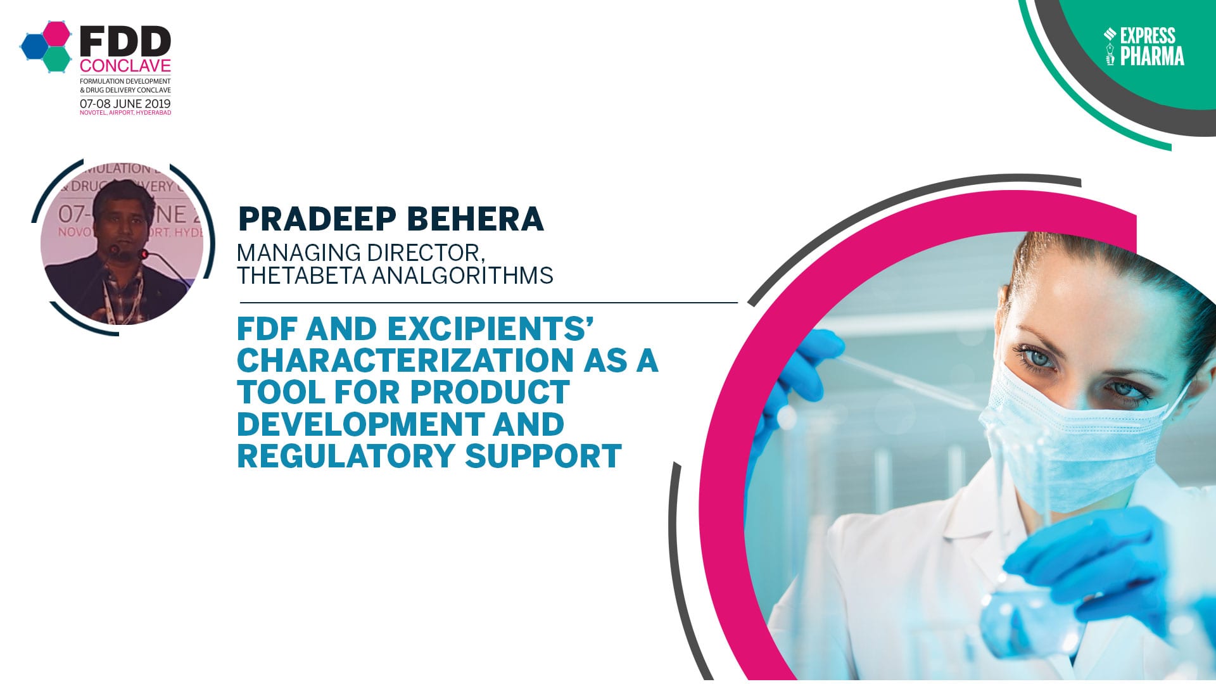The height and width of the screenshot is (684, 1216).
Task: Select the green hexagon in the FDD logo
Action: pos(58,59)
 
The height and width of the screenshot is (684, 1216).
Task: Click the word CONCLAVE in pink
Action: pos(125,66)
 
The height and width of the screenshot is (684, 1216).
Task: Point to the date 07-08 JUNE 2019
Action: pos(125,103)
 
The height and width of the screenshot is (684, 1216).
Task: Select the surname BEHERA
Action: pos(475,219)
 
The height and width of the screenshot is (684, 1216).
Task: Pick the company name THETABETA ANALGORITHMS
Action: pos(395,275)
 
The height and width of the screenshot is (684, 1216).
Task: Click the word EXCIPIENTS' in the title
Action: pos(490,329)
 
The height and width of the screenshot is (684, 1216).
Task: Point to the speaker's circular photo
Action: pos(122,247)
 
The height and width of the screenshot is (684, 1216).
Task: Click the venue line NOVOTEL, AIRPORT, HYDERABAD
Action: pos(125,113)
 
